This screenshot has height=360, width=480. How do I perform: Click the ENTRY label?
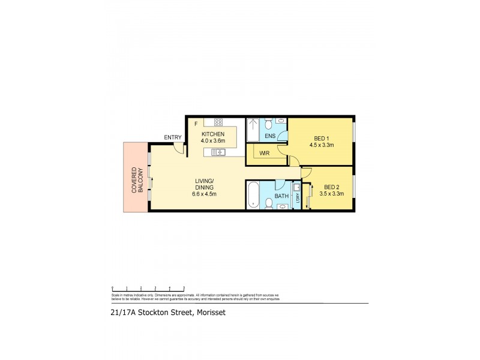coord(173,137)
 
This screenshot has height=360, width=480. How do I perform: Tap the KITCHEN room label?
coord(213,134)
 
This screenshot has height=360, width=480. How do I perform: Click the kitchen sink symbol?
coord(217,152)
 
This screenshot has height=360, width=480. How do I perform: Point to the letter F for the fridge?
coord(195,125)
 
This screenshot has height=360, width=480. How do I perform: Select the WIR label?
coord(265,154)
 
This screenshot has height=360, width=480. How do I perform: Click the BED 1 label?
coord(321,137)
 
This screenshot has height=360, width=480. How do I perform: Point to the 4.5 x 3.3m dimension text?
coord(321,144)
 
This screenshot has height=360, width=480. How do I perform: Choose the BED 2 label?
coord(331,187)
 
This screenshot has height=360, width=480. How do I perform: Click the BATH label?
coord(281,196)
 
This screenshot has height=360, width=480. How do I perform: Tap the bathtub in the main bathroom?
coord(253,195)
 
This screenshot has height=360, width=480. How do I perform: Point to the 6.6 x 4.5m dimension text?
coord(205,194)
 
